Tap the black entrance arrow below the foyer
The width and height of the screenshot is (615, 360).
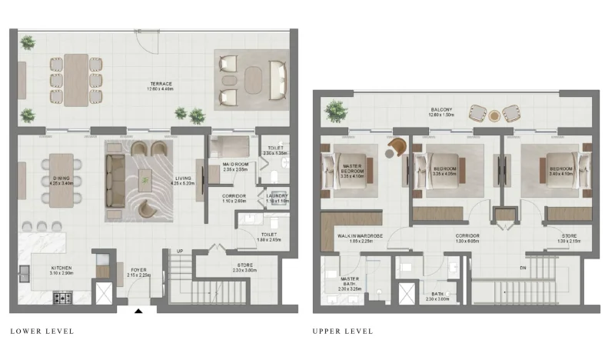pos(138,311)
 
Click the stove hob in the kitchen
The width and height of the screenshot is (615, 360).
pos(62,297)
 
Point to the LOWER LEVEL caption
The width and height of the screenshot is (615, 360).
pos(42,332)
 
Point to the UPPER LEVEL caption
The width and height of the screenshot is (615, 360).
pos(343,332)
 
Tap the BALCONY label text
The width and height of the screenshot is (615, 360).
pos(441,112)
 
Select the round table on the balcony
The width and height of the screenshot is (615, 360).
pos(495,115)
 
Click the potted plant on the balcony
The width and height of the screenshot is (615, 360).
pos(335,110)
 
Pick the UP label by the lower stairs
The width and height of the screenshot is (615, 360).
pos(180,252)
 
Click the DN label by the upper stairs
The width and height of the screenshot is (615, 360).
pos(522,268)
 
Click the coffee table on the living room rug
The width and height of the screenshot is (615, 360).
pos(146,181)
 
